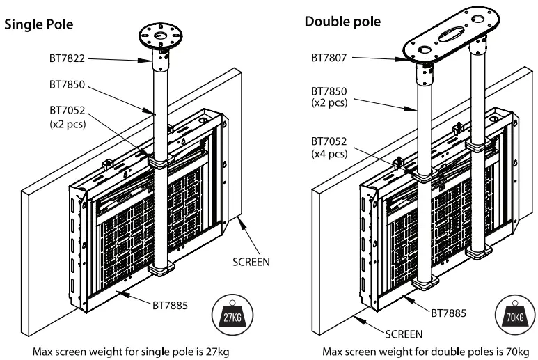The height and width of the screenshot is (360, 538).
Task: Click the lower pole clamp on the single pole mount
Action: [160, 269]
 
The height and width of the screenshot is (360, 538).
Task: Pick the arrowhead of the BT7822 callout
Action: [153, 61]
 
